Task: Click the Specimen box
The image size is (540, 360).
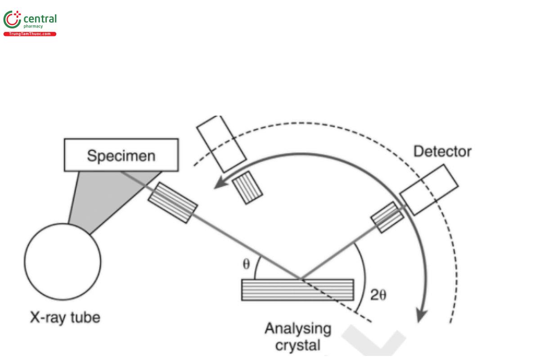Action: tap(121, 155)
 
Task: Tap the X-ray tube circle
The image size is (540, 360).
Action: tap(62, 261)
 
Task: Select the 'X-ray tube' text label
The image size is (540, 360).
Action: tap(65, 318)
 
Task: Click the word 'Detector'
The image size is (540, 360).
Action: tap(442, 151)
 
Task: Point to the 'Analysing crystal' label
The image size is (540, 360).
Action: tap(297, 337)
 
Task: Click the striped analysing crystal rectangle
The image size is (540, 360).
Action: tap(297, 290)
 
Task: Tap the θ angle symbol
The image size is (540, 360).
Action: tap(246, 264)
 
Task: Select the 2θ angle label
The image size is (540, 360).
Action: tap(378, 295)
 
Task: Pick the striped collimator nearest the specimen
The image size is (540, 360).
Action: tap(172, 202)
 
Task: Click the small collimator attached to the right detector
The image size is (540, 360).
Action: tap(387, 217)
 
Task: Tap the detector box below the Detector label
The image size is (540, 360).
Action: tap(429, 189)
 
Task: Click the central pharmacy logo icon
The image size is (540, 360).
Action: tap(12, 21)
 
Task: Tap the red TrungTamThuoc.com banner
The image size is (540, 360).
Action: tap(30, 34)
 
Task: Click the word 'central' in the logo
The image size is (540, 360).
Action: tap(40, 19)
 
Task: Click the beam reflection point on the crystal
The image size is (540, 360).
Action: tap(301, 279)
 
